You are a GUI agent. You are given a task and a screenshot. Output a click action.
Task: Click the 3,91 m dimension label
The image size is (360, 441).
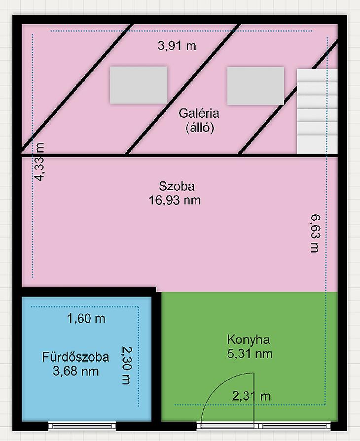(x=177, y=45)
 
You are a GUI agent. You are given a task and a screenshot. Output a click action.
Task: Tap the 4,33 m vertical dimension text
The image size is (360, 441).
(x=39, y=162)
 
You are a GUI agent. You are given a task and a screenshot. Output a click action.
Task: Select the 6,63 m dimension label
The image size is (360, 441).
(x=315, y=234)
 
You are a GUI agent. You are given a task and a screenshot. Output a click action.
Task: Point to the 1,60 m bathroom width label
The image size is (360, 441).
(x=86, y=319)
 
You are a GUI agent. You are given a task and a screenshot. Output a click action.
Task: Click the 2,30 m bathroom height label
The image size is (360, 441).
(x=126, y=365)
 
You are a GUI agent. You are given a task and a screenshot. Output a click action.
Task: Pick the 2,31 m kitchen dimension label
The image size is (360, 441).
(x=252, y=396)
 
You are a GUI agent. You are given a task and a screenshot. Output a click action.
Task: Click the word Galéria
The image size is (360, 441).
(x=199, y=113)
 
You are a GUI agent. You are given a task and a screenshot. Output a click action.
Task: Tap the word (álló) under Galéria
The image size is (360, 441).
(x=200, y=128)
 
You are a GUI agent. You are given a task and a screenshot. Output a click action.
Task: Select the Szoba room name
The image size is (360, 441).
(x=177, y=186)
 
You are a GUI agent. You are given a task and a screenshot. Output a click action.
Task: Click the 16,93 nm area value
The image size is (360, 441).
(x=175, y=200)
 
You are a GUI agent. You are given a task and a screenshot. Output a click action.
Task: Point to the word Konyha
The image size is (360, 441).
(x=249, y=339)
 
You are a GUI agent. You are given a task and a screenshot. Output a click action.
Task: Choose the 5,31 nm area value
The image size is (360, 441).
(x=250, y=354)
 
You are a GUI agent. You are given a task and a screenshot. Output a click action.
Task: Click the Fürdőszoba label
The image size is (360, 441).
(x=76, y=357)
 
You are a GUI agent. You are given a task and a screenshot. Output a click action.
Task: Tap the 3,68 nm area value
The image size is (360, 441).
(x=76, y=371)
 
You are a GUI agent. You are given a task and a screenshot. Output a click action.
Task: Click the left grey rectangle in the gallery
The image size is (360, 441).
(x=139, y=85)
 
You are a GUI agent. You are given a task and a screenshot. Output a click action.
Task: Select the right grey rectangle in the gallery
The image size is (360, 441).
(x=255, y=86)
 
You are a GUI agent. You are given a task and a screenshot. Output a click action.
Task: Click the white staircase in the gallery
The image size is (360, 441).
(x=317, y=111)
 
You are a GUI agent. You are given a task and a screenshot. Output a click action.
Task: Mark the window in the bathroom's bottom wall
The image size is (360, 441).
(x=82, y=426)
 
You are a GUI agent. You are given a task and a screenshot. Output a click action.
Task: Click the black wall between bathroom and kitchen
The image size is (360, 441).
(x=156, y=357)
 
